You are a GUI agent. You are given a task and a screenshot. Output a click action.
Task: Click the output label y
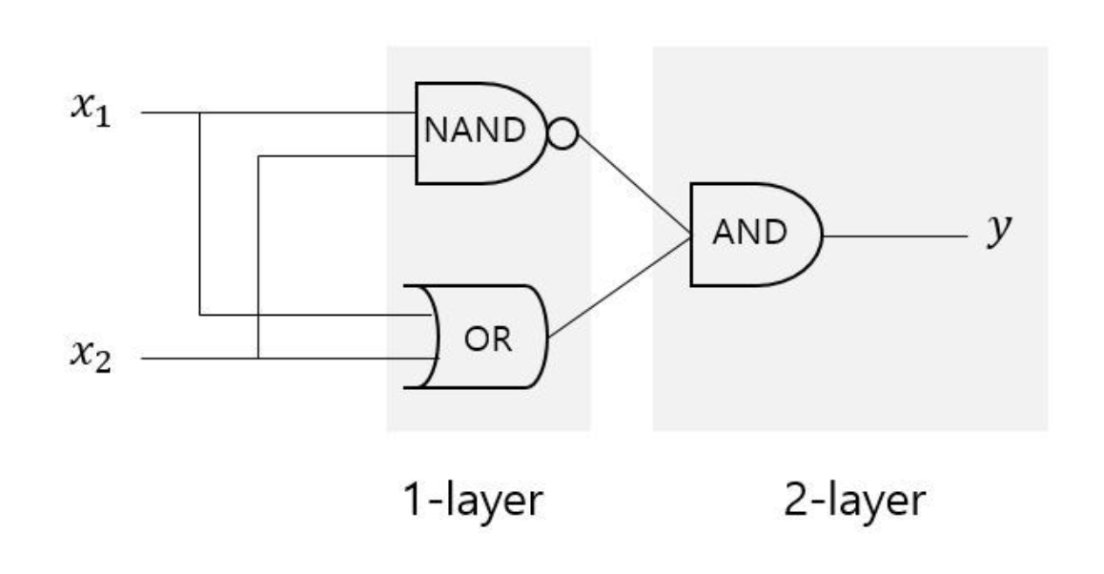click(998, 232)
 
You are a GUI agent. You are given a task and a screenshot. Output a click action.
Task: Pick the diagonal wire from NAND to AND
click(634, 187)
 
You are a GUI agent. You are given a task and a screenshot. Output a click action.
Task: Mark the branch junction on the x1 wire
click(199, 113)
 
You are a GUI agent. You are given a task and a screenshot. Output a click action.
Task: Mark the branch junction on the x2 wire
click(258, 359)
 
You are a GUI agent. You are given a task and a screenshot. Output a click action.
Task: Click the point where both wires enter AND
click(690, 236)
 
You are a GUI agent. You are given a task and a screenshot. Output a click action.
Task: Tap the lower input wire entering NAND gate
click(334, 156)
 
